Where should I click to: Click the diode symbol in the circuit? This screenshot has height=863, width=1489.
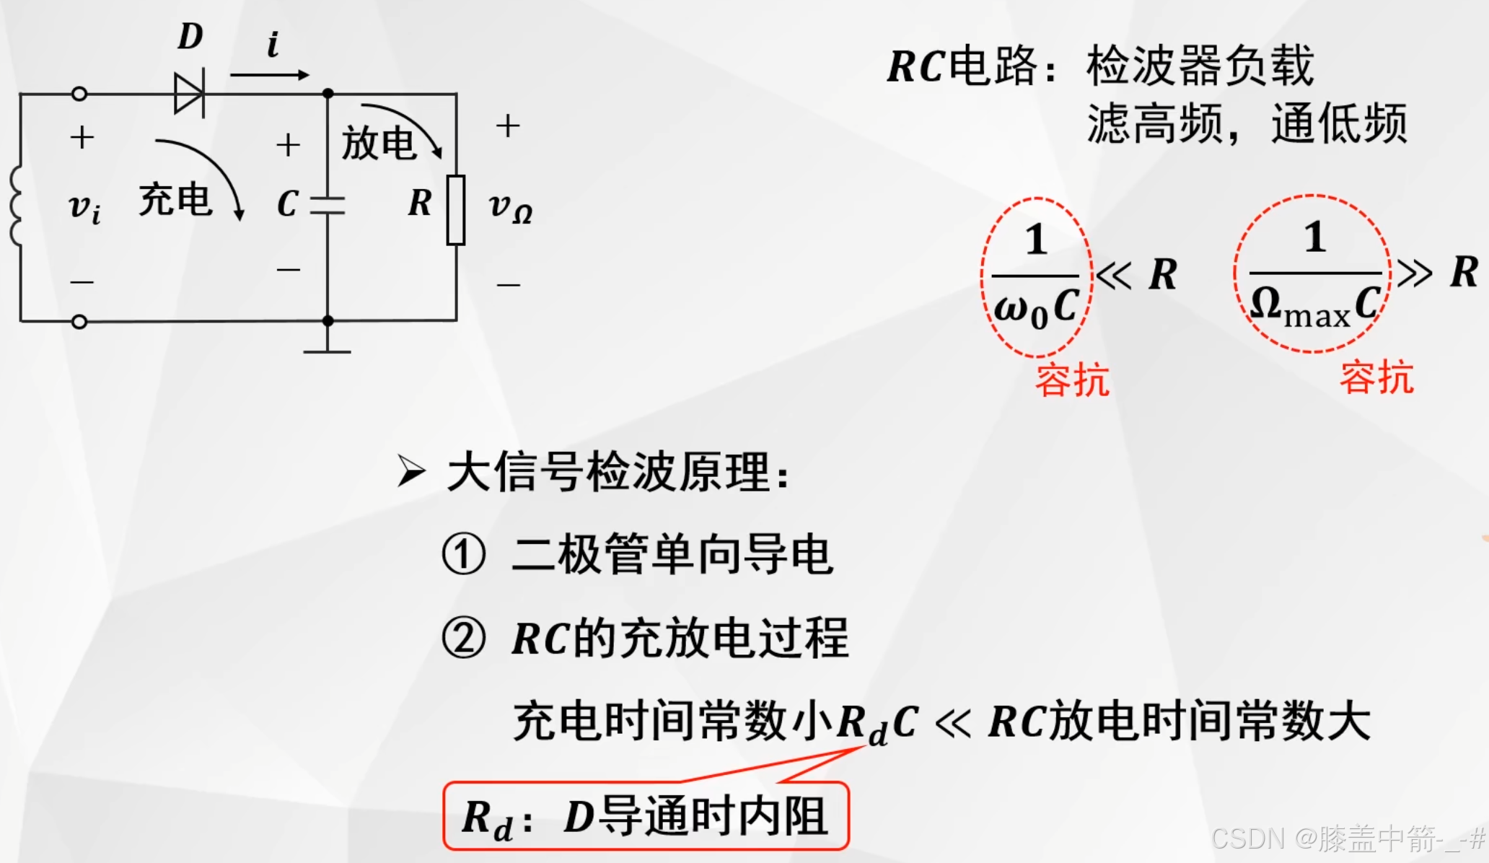pos(190,93)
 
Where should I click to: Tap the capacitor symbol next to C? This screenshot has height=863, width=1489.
pos(328,205)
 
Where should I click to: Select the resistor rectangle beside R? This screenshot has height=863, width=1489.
pos(456,209)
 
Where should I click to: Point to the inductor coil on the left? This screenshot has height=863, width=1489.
pos(16,206)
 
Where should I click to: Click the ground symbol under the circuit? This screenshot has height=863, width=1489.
pos(328,351)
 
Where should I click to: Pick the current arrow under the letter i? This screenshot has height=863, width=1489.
pos(270,74)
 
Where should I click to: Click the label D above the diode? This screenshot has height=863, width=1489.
pos(190,36)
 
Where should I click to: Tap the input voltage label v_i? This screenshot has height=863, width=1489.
pos(84,208)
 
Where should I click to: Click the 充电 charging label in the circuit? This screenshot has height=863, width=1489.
pos(175,200)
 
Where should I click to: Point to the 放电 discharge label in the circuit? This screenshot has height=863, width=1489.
pos(378,143)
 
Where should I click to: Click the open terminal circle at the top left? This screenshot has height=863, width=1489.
pos(80,94)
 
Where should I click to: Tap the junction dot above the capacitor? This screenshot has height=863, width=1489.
pos(328,94)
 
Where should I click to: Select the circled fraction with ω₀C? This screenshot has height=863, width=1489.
pos(1037,277)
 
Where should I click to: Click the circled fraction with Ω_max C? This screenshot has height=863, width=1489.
pos(1313,274)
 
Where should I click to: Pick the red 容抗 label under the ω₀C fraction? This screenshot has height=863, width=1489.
pos(1072,380)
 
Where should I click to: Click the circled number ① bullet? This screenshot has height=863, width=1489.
pos(463,554)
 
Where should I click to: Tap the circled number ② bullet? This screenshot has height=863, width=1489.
pos(463,639)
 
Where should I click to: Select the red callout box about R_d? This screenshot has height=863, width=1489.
pos(646,816)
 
